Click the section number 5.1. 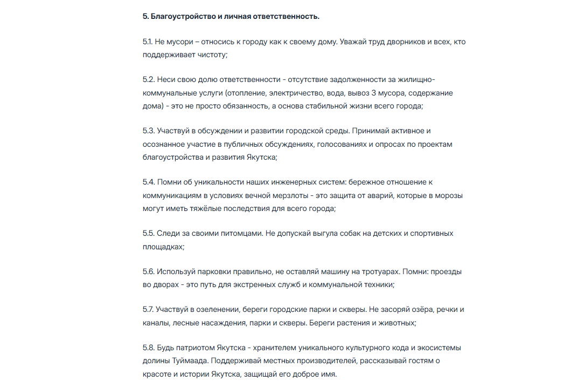pos(148,42)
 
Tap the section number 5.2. pos(148,79)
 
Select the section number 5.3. pos(148,131)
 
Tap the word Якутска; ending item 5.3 pos(261,158)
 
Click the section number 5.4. pos(149,182)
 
